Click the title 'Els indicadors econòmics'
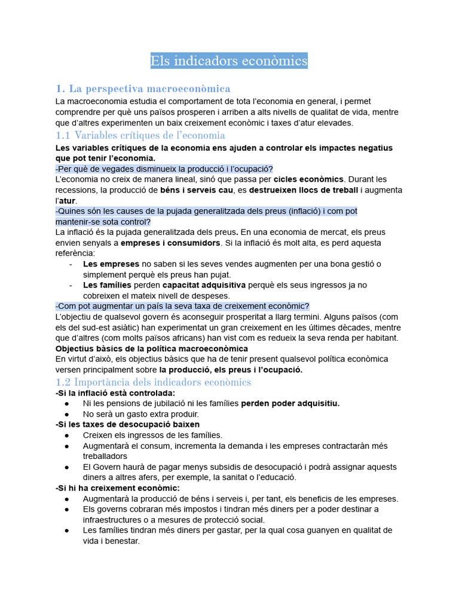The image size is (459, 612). pyautogui.click(x=229, y=61)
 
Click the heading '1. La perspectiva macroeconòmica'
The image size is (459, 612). pyautogui.click(x=143, y=88)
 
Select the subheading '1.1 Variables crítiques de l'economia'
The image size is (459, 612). pyautogui.click(x=140, y=135)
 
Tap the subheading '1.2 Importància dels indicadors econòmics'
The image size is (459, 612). pyautogui.click(x=153, y=382)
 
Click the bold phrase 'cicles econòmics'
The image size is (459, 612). pyautogui.click(x=308, y=179)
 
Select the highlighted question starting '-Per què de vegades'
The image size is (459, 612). pyautogui.click(x=164, y=169)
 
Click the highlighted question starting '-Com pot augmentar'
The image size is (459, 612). pyautogui.click(x=182, y=306)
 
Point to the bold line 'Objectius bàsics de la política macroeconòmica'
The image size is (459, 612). pyautogui.click(x=152, y=348)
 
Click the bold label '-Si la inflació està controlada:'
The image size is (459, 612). pyautogui.click(x=115, y=393)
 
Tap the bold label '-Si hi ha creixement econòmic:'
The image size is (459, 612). pyautogui.click(x=117, y=488)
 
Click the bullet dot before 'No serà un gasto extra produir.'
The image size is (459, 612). pyautogui.click(x=68, y=414)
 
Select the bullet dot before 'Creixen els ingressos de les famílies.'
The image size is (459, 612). pyautogui.click(x=68, y=435)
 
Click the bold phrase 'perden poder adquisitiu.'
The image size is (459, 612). pyautogui.click(x=290, y=403)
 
